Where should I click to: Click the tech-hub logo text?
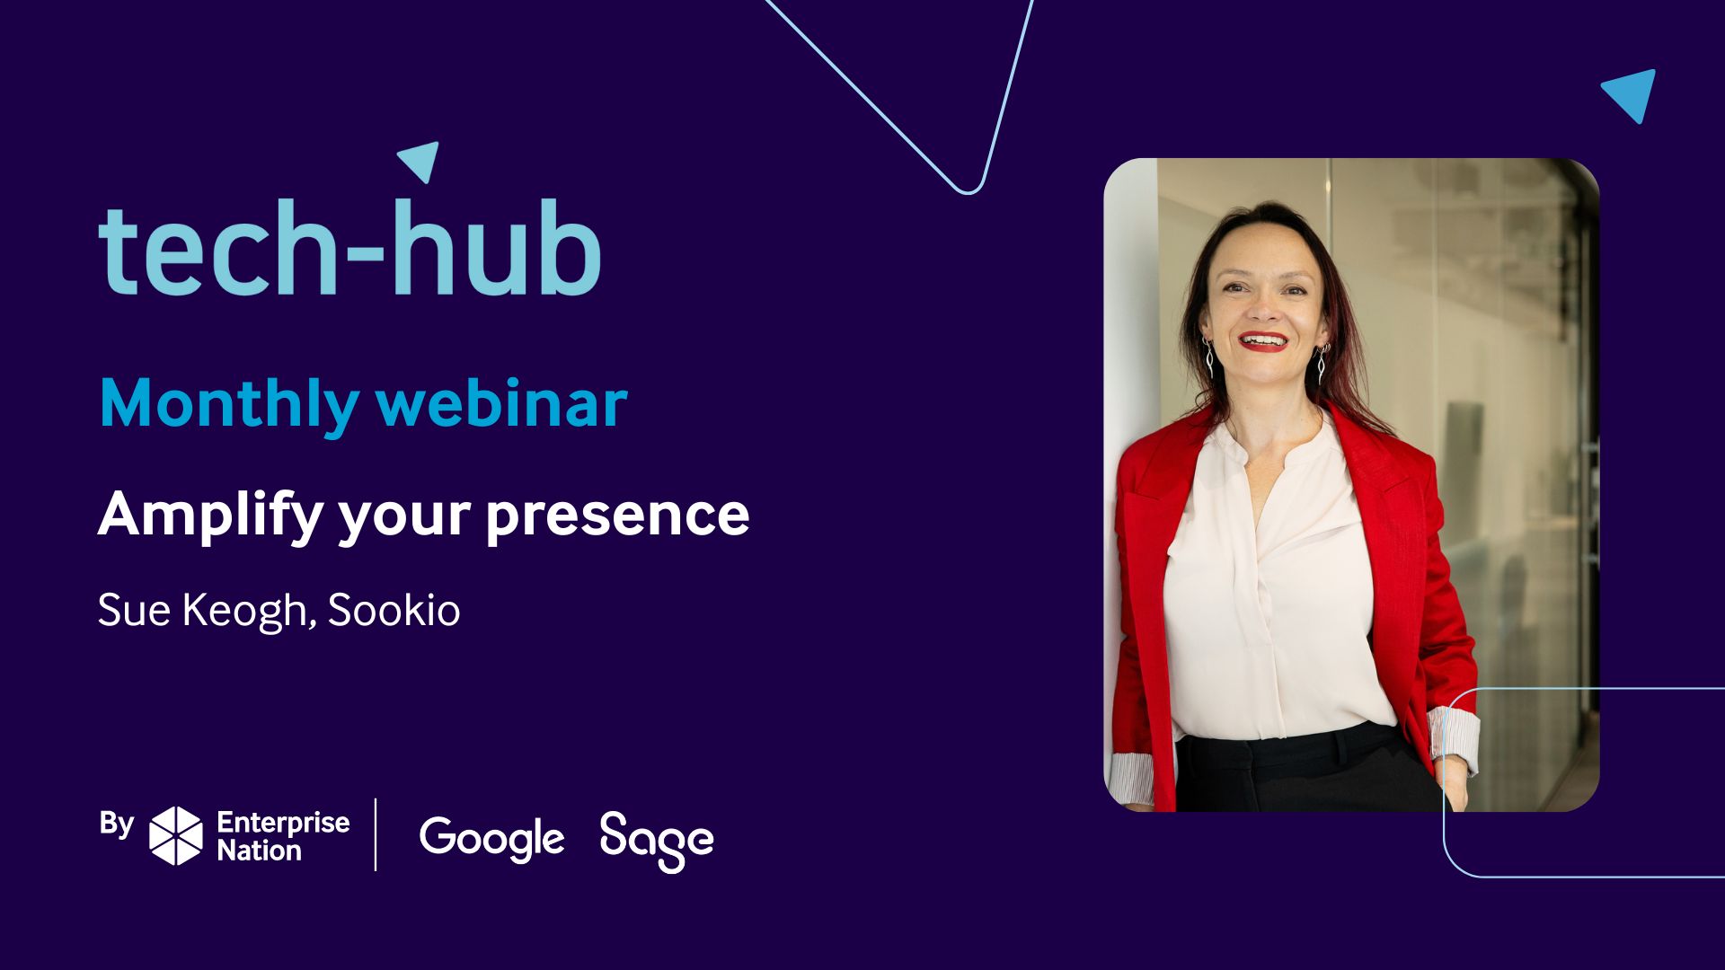(x=349, y=246)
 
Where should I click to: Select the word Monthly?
(x=229, y=405)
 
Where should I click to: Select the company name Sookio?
(x=394, y=610)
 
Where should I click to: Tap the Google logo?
(x=492, y=841)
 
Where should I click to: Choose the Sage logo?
(x=657, y=842)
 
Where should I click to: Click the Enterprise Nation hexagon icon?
(x=176, y=835)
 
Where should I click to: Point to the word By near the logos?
(x=117, y=824)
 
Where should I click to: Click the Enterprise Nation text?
(x=283, y=836)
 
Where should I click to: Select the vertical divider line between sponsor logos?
(x=376, y=834)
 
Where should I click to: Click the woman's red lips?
(x=1262, y=341)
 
